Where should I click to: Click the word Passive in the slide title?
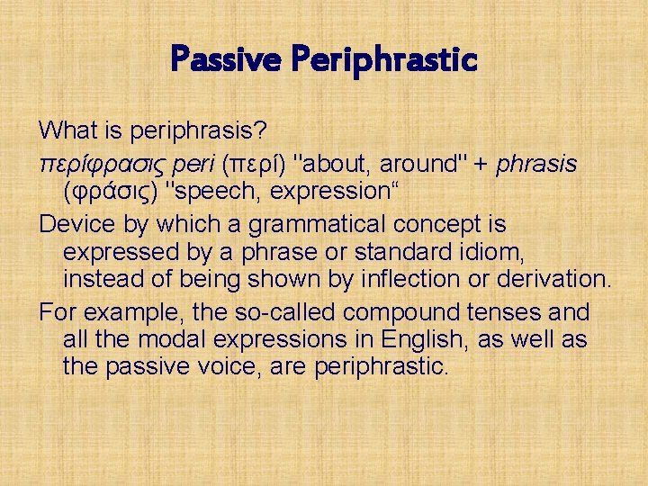(220, 61)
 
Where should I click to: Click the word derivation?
(551, 280)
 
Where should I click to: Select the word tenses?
(499, 312)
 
